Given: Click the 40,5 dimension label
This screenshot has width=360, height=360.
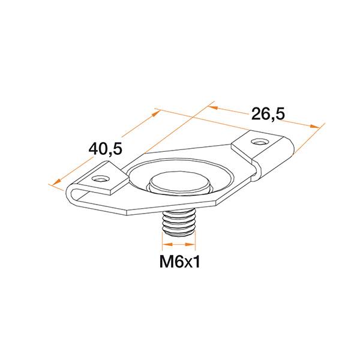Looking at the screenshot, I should coord(106,148).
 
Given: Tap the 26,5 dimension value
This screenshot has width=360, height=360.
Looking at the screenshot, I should coord(268,114).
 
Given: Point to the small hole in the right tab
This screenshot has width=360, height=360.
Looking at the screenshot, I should coord(259,142).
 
